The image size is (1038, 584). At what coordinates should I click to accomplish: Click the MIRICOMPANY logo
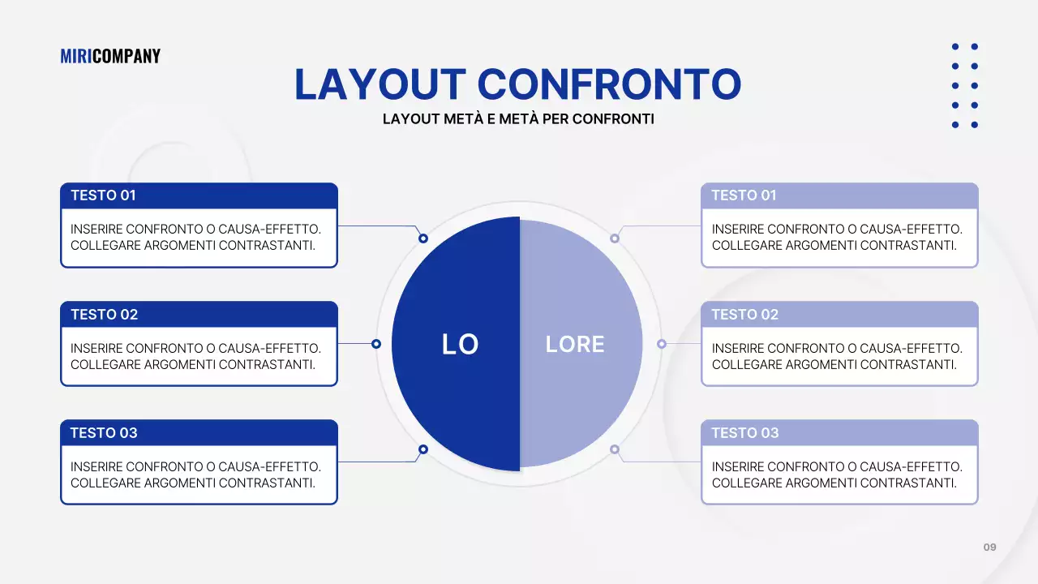(x=110, y=56)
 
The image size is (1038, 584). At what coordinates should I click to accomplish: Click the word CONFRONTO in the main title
(x=609, y=84)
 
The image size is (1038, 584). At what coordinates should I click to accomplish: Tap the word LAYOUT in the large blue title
(x=380, y=84)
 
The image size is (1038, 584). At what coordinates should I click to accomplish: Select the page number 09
(x=990, y=547)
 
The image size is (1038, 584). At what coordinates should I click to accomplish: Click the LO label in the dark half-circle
(x=460, y=345)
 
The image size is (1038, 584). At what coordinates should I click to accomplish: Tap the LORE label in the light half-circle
(x=575, y=345)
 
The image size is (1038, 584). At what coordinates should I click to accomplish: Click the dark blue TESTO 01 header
(x=199, y=195)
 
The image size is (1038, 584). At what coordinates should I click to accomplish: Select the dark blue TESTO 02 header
(x=199, y=314)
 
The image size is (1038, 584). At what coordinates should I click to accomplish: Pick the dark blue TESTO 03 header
(x=199, y=433)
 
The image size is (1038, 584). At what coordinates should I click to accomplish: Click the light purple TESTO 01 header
(x=839, y=195)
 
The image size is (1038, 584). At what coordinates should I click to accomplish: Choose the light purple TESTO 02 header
(x=839, y=314)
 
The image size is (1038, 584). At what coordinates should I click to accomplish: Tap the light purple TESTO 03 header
(x=839, y=433)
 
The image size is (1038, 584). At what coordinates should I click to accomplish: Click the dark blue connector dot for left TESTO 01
(x=423, y=238)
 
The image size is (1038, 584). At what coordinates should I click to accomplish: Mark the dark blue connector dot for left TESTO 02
(x=376, y=343)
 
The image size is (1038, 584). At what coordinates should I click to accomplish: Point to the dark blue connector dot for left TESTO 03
(x=423, y=449)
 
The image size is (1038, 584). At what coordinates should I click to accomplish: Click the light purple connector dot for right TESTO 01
(x=615, y=238)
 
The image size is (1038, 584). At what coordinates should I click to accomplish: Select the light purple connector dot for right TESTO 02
(x=662, y=343)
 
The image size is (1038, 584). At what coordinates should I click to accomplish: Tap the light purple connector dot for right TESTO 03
(x=615, y=449)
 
